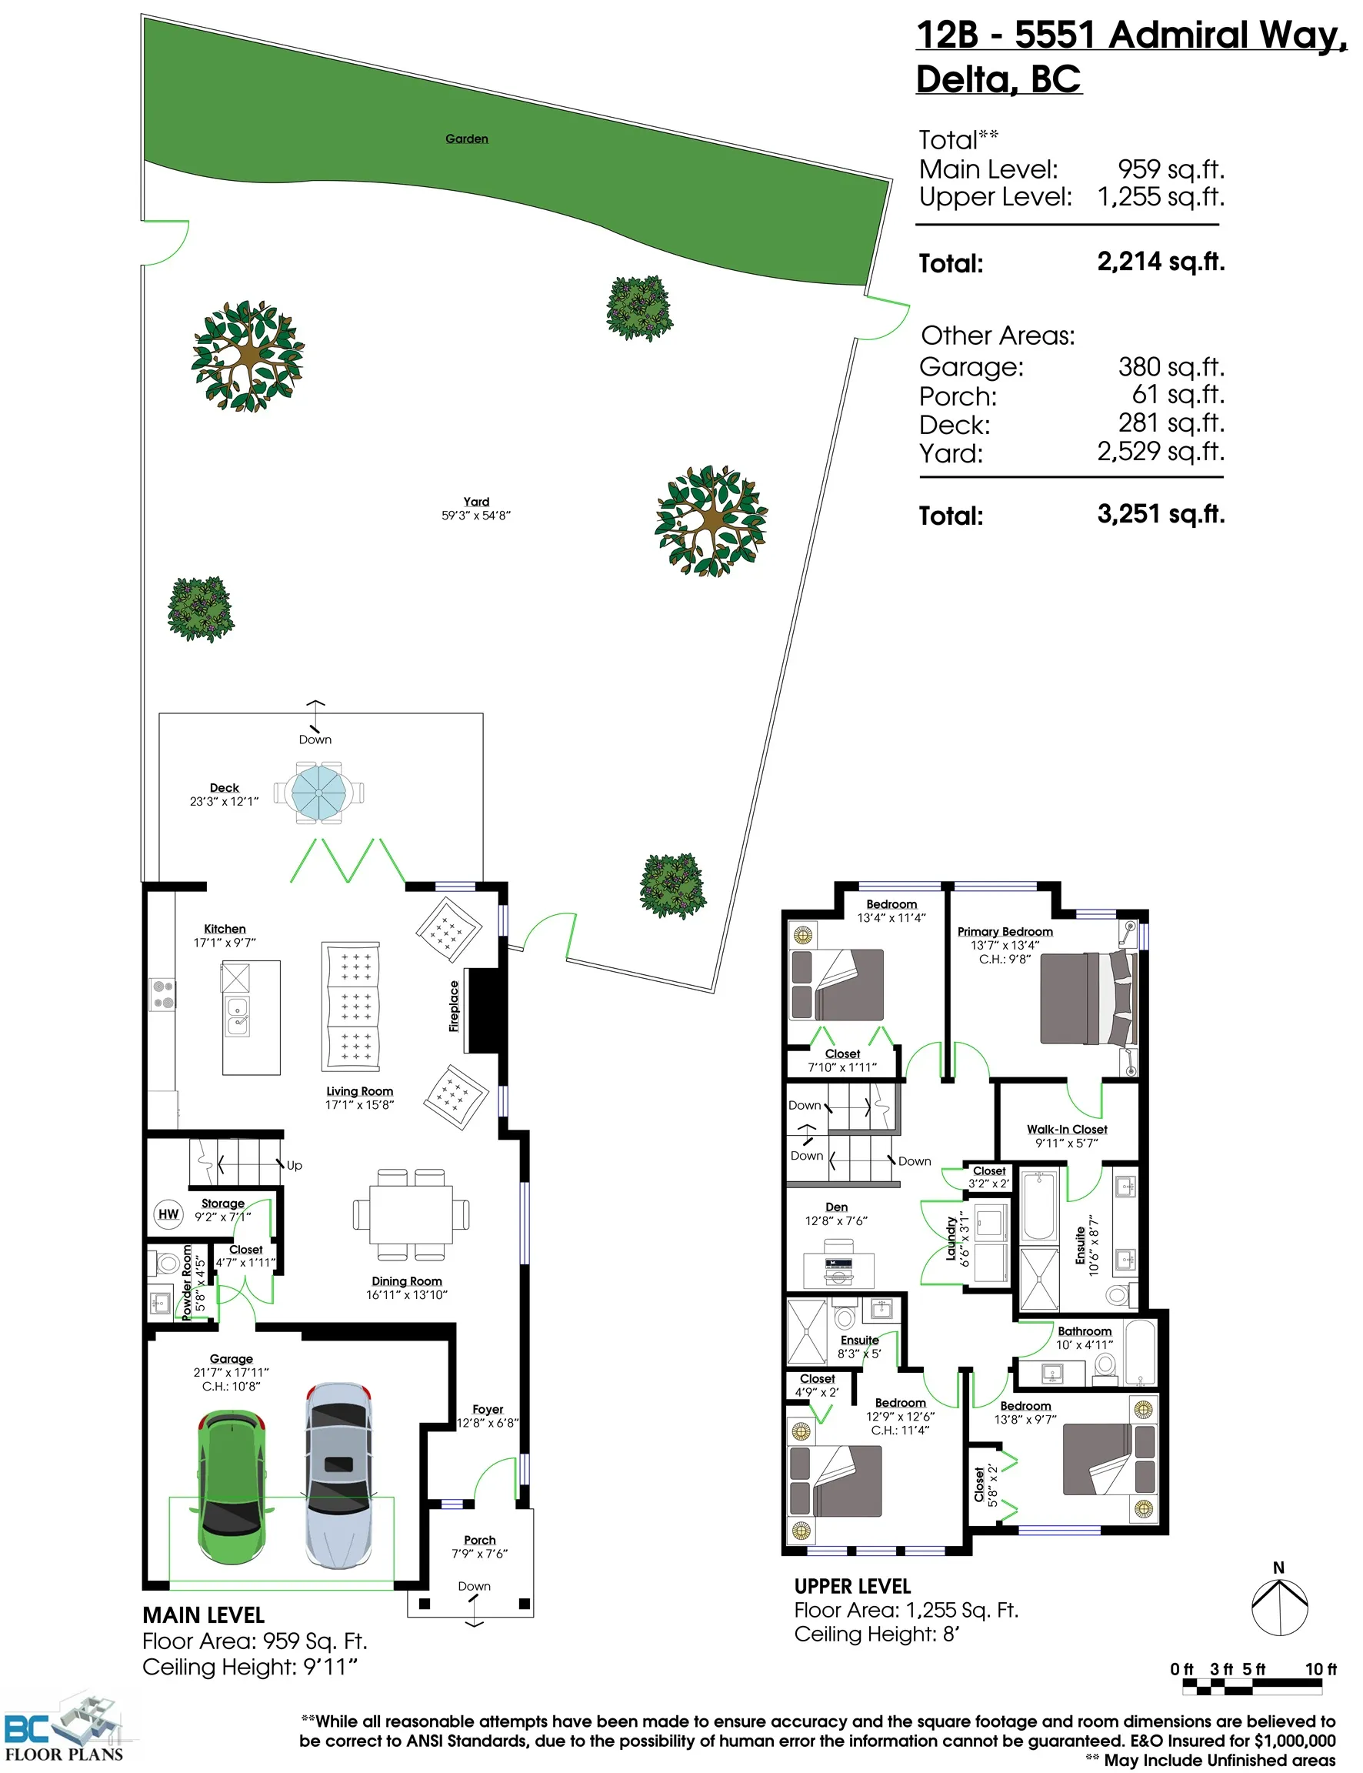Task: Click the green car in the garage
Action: pyautogui.click(x=232, y=1487)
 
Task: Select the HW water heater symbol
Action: pyautogui.click(x=168, y=1214)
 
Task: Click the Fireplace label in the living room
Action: pyautogui.click(x=455, y=1007)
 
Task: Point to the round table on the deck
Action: pyautogui.click(x=319, y=792)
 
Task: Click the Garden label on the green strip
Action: pyautogui.click(x=466, y=139)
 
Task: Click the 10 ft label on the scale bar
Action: pyautogui.click(x=1320, y=1669)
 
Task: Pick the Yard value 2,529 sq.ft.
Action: pyautogui.click(x=1160, y=451)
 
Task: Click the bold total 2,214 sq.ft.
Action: pyautogui.click(x=1160, y=262)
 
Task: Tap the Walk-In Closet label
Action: pyautogui.click(x=1066, y=1130)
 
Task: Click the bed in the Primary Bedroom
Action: pyautogui.click(x=1087, y=998)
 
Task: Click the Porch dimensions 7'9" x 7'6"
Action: pyautogui.click(x=479, y=1554)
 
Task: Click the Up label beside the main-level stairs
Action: pyautogui.click(x=295, y=1165)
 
